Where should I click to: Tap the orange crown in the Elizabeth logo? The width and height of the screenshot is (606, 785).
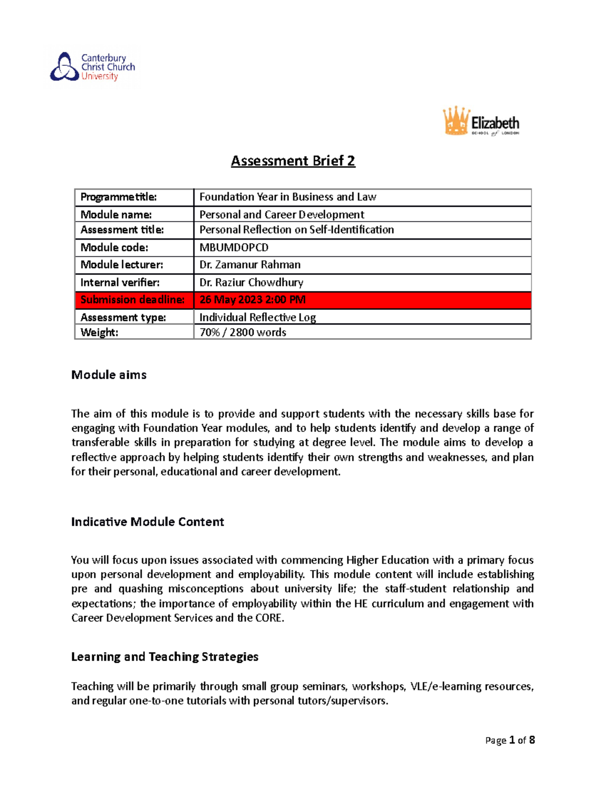[456, 121]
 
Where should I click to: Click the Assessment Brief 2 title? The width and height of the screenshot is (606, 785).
[293, 161]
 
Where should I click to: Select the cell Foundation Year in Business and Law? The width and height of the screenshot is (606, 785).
[287, 197]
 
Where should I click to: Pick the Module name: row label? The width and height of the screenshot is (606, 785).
[116, 214]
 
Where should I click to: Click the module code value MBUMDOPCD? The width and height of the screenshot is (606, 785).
[234, 248]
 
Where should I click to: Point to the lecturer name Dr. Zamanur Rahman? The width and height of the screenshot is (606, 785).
[250, 265]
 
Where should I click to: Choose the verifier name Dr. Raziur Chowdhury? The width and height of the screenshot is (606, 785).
[251, 283]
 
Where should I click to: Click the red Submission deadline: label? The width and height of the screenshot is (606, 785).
[132, 300]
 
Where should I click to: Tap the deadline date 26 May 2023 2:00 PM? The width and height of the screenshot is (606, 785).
[252, 300]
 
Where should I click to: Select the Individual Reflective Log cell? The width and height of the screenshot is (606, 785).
[258, 317]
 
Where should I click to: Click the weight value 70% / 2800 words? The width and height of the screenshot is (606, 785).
[242, 332]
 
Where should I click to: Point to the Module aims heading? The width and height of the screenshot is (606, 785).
[109, 375]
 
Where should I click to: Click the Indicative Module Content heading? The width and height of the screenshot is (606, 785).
[147, 522]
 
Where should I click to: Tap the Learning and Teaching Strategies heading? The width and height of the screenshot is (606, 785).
[165, 657]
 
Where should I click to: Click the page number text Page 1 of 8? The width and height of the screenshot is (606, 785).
[510, 740]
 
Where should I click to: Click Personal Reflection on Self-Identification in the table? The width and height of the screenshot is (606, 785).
[296, 230]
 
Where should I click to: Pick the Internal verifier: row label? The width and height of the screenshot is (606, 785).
[120, 283]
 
